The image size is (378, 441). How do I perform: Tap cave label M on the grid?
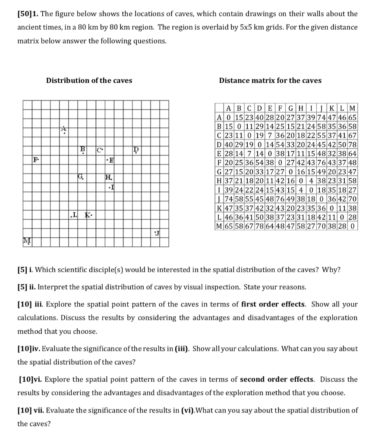pos(25,240)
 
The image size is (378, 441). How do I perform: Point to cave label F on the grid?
pos(36,160)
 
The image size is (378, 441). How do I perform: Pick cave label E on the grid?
pos(111,161)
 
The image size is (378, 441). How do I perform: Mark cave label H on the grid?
pos(108,177)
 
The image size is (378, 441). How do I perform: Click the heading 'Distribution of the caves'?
pos(89,81)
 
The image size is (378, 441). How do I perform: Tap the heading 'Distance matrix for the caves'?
pos(270,81)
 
